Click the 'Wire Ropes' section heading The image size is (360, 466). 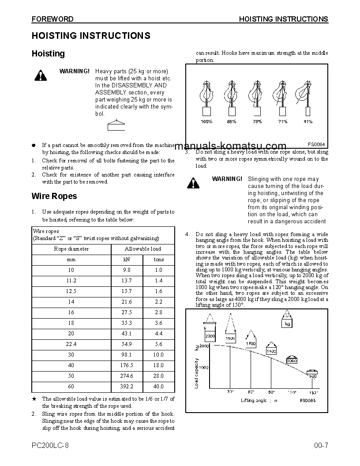(54, 196)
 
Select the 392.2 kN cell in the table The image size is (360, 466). (127, 387)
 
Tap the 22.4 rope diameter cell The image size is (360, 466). (71, 344)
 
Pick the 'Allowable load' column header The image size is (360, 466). (142, 249)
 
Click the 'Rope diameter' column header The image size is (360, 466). (71, 249)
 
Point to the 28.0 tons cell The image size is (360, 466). (158, 376)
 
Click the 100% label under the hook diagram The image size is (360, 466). (206, 121)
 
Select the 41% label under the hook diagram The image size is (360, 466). (308, 121)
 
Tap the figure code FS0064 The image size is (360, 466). (316, 144)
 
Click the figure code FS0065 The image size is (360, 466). (307, 400)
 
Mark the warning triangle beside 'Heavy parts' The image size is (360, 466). (40, 75)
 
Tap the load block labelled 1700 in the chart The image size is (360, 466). (251, 343)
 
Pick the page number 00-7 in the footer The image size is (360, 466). (321, 445)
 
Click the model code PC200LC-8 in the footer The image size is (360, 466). (50, 445)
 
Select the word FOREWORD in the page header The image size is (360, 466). (52, 19)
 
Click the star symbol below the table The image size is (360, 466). (34, 399)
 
